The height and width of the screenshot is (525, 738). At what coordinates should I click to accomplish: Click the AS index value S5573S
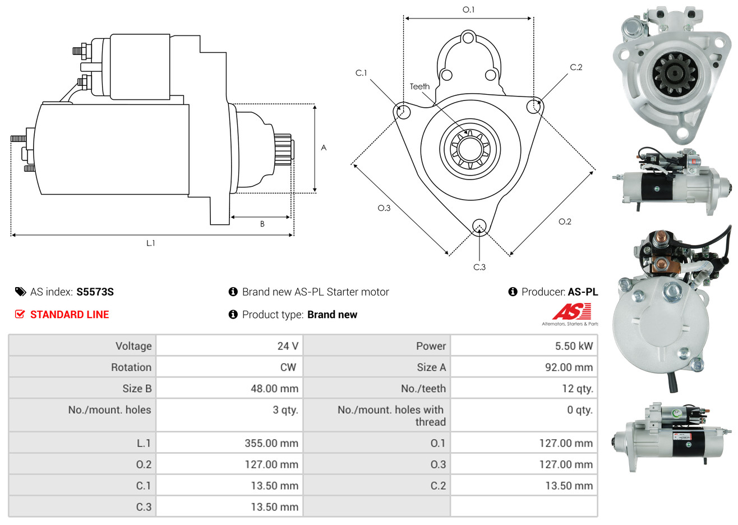point(95,292)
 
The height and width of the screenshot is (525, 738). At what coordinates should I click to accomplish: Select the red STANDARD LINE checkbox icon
point(20,314)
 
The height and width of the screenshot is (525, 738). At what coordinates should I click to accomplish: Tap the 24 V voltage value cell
point(288,346)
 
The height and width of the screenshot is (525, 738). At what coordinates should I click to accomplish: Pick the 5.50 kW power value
point(574,346)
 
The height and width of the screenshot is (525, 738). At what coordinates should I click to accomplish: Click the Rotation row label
point(131,367)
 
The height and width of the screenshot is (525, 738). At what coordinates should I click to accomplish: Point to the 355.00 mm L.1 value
point(271,443)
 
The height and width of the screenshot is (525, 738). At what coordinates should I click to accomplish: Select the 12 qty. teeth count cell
point(577,389)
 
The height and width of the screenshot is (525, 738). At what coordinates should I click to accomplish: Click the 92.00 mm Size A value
point(569,367)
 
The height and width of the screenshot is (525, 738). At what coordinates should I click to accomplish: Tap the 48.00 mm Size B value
point(274,389)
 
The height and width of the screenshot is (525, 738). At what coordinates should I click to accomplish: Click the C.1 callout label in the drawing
point(361,73)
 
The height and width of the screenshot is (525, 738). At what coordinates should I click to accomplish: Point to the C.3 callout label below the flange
point(479,267)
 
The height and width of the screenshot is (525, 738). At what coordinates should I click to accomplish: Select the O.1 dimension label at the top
point(468,10)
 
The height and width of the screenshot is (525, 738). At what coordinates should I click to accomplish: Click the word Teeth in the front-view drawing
point(419,86)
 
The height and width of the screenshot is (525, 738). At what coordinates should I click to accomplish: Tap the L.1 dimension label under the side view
point(150,243)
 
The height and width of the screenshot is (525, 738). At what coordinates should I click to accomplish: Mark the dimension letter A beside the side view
point(324,148)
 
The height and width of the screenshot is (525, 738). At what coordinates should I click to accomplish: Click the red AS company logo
point(571,311)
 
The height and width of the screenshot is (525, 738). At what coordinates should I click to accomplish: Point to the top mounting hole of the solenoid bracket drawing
point(468,38)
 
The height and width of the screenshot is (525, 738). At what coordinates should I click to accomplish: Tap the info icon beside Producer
point(513,292)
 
